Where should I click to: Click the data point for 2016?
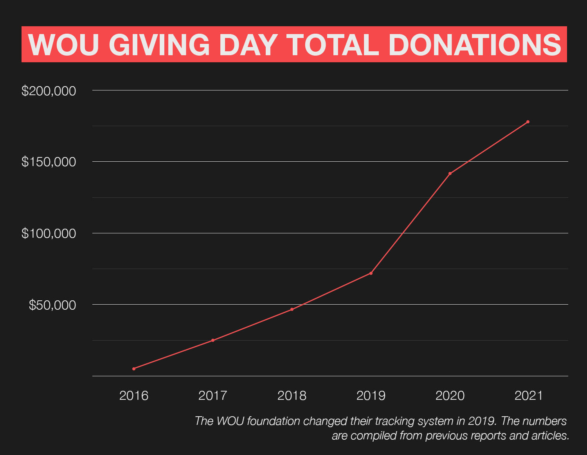[134, 369]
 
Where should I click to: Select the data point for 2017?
[213, 340]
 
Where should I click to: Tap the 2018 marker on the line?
[292, 309]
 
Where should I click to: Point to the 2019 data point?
[371, 273]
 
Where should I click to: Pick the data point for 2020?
[450, 173]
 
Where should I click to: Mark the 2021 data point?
[528, 122]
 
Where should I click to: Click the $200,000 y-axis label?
[49, 91]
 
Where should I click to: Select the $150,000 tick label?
[49, 162]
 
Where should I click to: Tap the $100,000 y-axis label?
[49, 233]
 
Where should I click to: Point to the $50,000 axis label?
[52, 305]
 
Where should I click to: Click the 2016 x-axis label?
[134, 395]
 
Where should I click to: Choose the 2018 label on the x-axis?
[292, 395]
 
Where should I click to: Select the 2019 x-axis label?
[371, 395]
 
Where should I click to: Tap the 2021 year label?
[529, 395]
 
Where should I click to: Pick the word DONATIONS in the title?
[475, 45]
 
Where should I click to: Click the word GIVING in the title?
[159, 45]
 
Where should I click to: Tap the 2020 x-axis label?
[450, 395]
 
